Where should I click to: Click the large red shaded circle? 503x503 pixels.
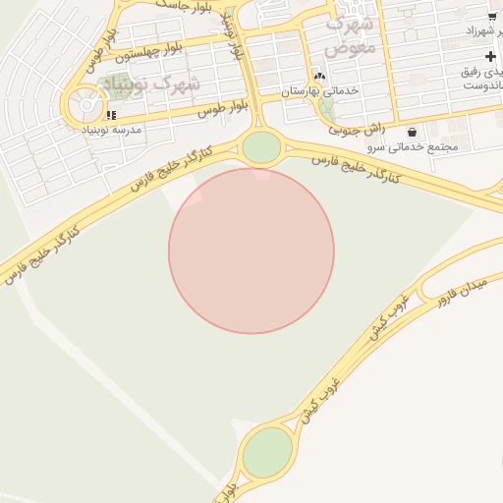point(251,251)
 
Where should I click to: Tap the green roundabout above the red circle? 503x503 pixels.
point(261,148)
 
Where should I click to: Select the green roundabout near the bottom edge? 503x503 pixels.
point(267,453)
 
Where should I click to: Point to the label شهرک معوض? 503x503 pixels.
point(351,33)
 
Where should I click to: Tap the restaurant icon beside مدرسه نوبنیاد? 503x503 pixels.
point(111,115)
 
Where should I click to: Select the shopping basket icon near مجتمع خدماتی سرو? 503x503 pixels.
point(411,132)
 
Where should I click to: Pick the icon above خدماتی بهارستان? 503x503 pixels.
point(318,77)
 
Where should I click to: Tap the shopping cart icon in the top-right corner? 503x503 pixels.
point(491,17)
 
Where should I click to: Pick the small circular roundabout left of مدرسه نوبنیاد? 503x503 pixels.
point(86,105)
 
